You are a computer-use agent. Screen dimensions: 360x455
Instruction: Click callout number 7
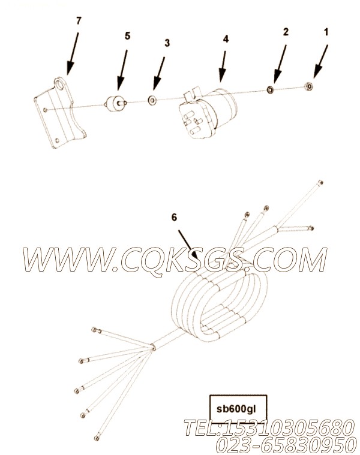[79, 20]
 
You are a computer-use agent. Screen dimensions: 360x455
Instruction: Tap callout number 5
[127, 36]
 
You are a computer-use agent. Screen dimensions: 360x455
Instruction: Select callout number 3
[167, 43]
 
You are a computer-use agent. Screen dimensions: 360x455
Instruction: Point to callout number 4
[226, 39]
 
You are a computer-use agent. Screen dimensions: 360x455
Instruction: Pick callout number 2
[286, 32]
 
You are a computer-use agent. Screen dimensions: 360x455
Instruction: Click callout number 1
[326, 32]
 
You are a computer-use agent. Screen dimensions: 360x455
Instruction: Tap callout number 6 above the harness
[174, 218]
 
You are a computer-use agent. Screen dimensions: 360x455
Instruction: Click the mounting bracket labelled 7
[60, 112]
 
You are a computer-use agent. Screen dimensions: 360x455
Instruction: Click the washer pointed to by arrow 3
[152, 100]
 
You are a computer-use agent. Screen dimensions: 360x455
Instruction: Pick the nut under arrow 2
[271, 90]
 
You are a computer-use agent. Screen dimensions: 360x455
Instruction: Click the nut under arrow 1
[308, 86]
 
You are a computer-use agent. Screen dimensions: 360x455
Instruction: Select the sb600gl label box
[238, 409]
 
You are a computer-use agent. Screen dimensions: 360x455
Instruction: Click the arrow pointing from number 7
[73, 55]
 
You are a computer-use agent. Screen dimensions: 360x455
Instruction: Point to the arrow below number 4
[223, 66]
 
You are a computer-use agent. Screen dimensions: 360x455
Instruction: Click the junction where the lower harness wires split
[153, 346]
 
